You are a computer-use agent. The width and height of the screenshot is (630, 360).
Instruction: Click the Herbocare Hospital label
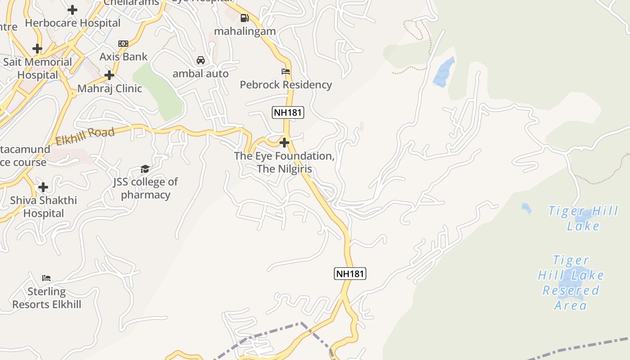pyautogui.click(x=72, y=23)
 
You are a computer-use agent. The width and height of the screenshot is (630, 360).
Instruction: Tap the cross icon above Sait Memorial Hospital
pyautogui.click(x=37, y=49)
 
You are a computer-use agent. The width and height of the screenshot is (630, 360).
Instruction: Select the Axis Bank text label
pyautogui.click(x=123, y=57)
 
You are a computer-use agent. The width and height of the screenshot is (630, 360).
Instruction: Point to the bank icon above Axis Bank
pyautogui.click(x=123, y=44)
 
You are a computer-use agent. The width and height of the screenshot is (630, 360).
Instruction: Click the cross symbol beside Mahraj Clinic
pyautogui.click(x=109, y=75)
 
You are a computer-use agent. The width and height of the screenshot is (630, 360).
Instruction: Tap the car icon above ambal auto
pyautogui.click(x=201, y=60)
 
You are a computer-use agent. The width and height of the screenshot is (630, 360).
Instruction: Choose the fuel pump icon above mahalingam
pyautogui.click(x=245, y=18)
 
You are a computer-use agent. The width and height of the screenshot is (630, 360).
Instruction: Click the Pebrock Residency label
pyautogui.click(x=286, y=85)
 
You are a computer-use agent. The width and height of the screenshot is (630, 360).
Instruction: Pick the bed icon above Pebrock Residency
pyautogui.click(x=286, y=72)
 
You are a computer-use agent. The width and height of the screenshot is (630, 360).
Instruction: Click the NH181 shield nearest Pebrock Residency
pyautogui.click(x=288, y=112)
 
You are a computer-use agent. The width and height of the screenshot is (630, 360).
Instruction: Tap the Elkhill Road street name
pyautogui.click(x=85, y=136)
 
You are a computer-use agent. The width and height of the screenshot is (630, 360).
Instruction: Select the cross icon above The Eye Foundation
pyautogui.click(x=284, y=143)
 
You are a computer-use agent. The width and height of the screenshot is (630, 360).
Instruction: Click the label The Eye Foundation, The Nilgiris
pyautogui.click(x=284, y=162)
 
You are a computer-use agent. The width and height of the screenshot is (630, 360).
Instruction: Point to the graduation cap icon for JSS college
pyautogui.click(x=145, y=169)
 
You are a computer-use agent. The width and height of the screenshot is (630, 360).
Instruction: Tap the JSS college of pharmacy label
pyautogui.click(x=145, y=188)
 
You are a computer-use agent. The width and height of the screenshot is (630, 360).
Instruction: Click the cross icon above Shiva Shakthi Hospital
pyautogui.click(x=43, y=187)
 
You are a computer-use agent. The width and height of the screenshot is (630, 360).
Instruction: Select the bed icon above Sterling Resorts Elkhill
pyautogui.click(x=46, y=278)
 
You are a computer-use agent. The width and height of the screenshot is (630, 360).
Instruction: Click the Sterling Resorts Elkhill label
pyautogui.click(x=47, y=298)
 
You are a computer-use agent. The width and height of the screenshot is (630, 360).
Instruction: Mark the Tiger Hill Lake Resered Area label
pyautogui.click(x=571, y=283)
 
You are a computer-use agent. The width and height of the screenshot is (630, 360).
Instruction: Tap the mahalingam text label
pyautogui.click(x=245, y=31)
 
